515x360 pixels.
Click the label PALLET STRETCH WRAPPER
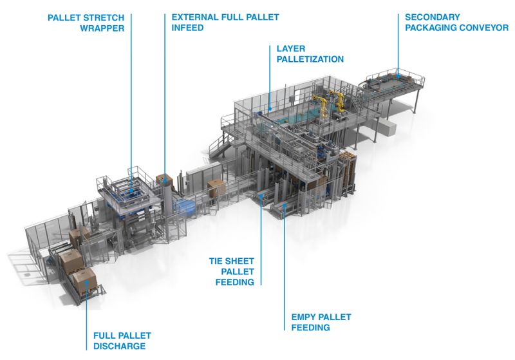click(x=86, y=23)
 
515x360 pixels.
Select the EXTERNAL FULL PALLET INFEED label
click(x=225, y=23)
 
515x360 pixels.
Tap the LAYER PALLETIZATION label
click(x=310, y=54)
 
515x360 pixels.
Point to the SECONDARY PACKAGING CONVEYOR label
click(x=456, y=23)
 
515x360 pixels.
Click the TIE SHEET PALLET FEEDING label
click(x=232, y=272)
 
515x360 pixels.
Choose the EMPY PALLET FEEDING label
click(x=321, y=322)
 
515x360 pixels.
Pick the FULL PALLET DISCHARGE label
click(x=122, y=341)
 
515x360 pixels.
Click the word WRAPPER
click(x=102, y=28)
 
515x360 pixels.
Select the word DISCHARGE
click(x=120, y=346)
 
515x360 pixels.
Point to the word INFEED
click(x=187, y=28)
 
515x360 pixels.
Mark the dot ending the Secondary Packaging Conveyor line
click(x=398, y=77)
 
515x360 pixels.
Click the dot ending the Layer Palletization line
click(x=270, y=109)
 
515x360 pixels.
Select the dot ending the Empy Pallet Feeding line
click(x=285, y=205)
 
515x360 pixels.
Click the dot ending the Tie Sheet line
click(x=261, y=195)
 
